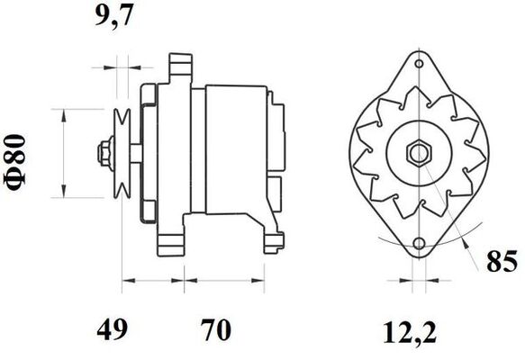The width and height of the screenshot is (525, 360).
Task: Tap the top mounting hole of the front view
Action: coord(419,63)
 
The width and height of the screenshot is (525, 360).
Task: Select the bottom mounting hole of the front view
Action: coord(419,245)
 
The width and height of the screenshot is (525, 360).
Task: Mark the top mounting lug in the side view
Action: coord(180,65)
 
